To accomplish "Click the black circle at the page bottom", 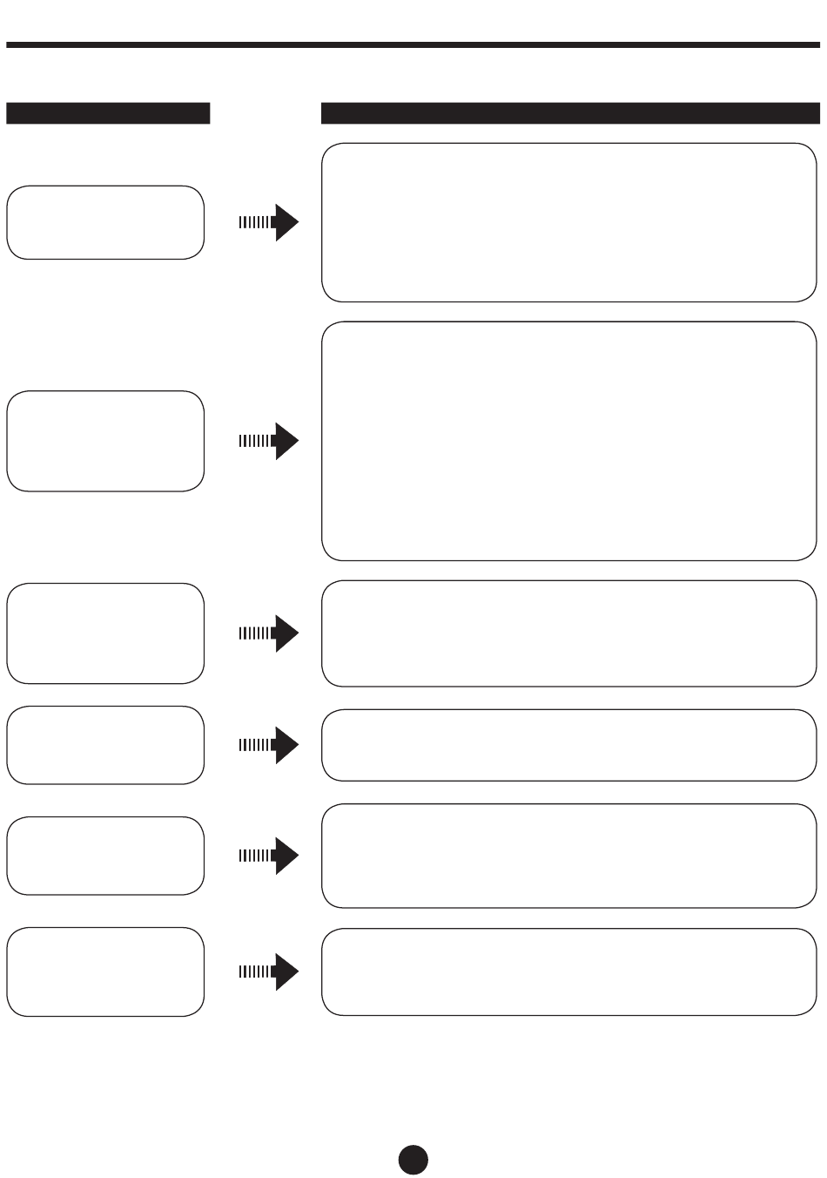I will (413, 1158).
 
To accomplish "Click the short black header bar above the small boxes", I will (108, 113).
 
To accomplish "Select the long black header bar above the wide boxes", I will (570, 113).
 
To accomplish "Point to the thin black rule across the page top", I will (413, 44).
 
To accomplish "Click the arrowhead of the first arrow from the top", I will (286, 222).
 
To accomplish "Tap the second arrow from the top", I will (269, 441).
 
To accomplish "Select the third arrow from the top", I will (269, 633).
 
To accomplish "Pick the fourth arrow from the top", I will (269, 745).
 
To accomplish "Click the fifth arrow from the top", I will (269, 856).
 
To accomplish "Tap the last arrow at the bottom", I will (269, 972).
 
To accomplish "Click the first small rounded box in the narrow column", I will (105, 222).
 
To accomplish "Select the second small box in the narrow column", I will (105, 441).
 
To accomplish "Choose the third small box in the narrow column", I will (105, 633).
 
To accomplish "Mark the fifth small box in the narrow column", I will (105, 856).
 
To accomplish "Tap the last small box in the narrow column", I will (105, 972).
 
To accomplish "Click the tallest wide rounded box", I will (569, 441).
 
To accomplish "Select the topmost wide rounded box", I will (569, 222).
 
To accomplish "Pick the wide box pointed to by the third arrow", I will (569, 633).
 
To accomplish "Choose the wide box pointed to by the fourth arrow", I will (569, 745).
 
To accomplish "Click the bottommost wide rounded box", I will (569, 972).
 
